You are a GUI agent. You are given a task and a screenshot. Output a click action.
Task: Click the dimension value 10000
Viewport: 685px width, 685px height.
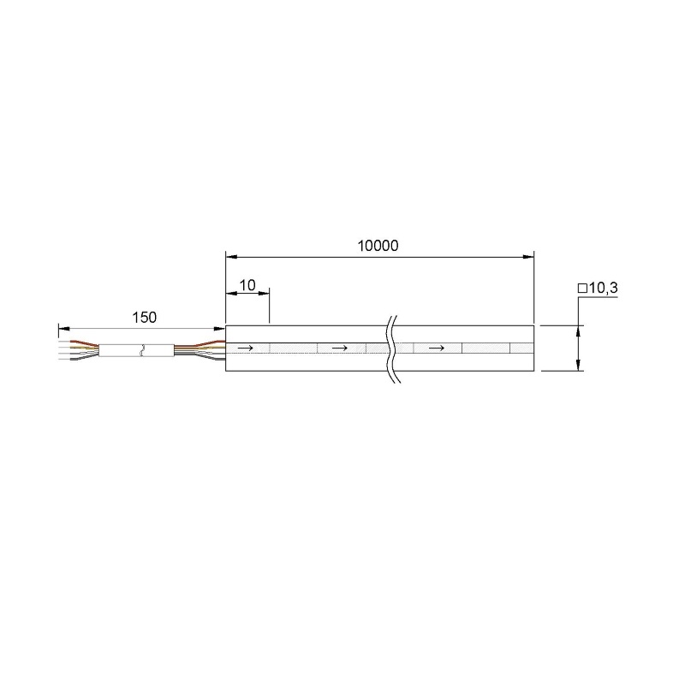coord(378,246)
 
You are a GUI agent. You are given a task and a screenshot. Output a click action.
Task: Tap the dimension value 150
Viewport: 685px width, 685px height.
coord(144,318)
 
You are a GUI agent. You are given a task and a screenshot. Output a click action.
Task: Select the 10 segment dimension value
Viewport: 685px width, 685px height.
coord(247,285)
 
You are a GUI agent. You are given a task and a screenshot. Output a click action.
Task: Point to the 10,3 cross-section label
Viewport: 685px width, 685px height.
coord(604,288)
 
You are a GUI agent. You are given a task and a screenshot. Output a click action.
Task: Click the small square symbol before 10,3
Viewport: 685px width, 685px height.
coord(582,289)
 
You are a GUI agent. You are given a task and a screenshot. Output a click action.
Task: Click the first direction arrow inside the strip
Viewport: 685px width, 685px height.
coord(245,348)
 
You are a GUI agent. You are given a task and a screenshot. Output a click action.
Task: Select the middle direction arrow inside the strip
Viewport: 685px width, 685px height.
coord(340,348)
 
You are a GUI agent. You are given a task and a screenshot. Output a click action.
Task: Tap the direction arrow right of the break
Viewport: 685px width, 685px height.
coord(437,348)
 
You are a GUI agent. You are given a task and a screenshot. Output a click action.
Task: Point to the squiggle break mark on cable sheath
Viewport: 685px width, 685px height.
coord(140,351)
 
